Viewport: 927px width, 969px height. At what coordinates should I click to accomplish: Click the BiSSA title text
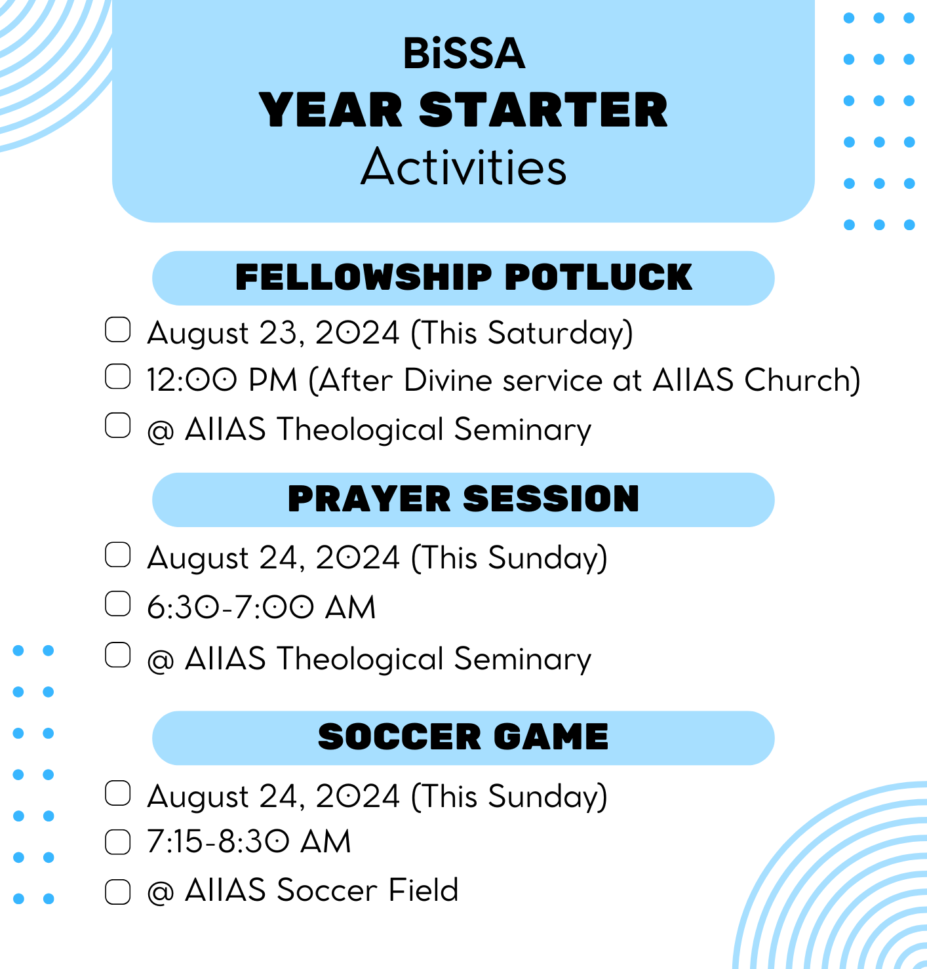point(464,53)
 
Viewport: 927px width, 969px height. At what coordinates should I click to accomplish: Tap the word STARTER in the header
point(543,110)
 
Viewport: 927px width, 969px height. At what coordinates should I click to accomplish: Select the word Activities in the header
point(464,167)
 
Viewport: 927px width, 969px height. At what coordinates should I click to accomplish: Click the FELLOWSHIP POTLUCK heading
point(464,277)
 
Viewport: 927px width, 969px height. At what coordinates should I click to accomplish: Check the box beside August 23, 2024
point(118,329)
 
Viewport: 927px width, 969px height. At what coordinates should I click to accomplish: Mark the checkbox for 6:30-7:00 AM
point(118,604)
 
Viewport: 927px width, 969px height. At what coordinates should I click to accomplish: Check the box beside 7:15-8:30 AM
point(118,842)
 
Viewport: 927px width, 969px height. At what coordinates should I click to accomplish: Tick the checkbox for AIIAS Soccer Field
point(118,892)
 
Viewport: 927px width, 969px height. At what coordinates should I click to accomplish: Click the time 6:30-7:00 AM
point(262,607)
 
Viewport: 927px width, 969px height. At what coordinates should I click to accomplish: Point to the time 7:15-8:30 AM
point(249,841)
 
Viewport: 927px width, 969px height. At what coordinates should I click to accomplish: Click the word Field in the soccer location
point(423,890)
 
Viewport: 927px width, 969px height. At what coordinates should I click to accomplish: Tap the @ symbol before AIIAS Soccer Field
point(161,892)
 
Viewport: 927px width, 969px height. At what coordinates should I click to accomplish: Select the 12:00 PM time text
point(222,380)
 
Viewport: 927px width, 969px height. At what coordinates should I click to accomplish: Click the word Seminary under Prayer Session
point(523,660)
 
